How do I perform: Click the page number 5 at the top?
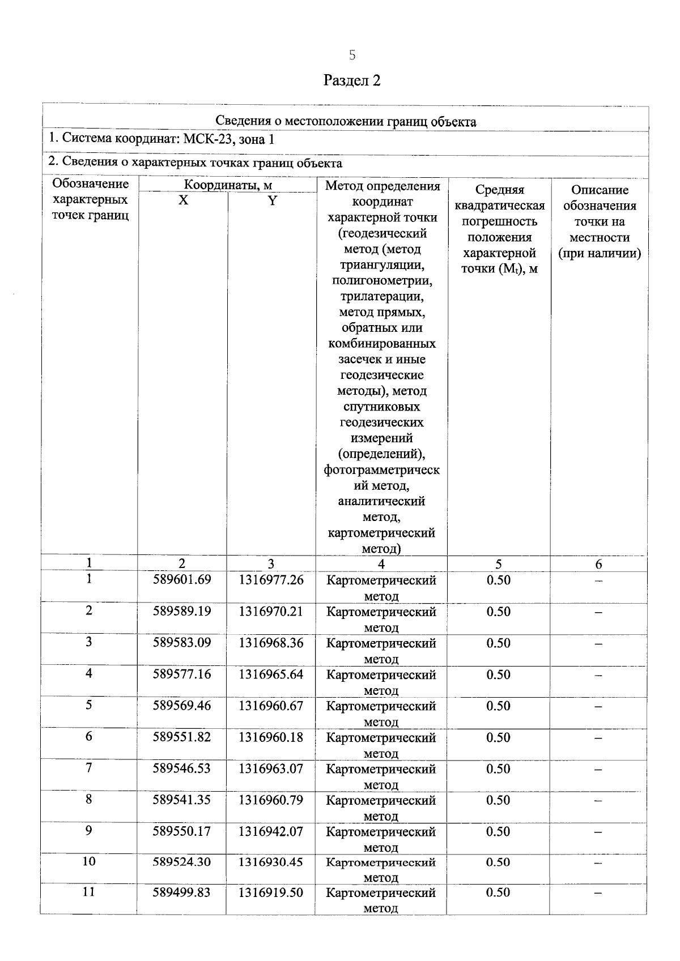coord(352,55)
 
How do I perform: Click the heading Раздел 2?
coord(352,80)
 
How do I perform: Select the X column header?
coord(183,200)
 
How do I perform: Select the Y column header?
coord(272,200)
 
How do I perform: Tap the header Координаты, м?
coord(228,185)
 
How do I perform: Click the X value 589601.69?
coord(182,580)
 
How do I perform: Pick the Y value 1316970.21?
coord(271,612)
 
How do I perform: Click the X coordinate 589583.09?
coord(182,643)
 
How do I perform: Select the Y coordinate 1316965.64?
coord(271,674)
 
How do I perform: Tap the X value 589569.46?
coord(182,706)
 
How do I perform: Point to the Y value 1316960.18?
coord(271,737)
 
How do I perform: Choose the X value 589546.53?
coord(182,768)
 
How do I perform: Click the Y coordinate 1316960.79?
coord(271,800)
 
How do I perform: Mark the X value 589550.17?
coord(182,831)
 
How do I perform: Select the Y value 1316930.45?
coord(271,862)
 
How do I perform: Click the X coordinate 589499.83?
coord(182,892)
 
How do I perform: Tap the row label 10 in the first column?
coord(89,861)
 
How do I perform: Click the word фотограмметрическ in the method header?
coord(381,470)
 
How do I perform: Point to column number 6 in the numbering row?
coord(598,564)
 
